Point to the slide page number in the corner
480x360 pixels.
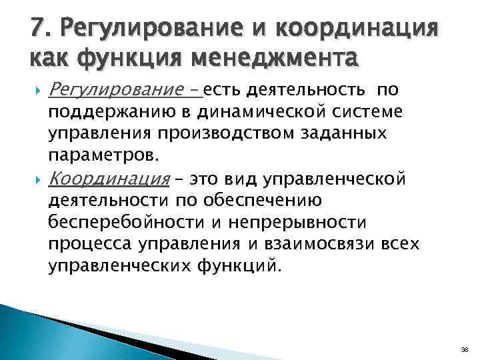(465, 348)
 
